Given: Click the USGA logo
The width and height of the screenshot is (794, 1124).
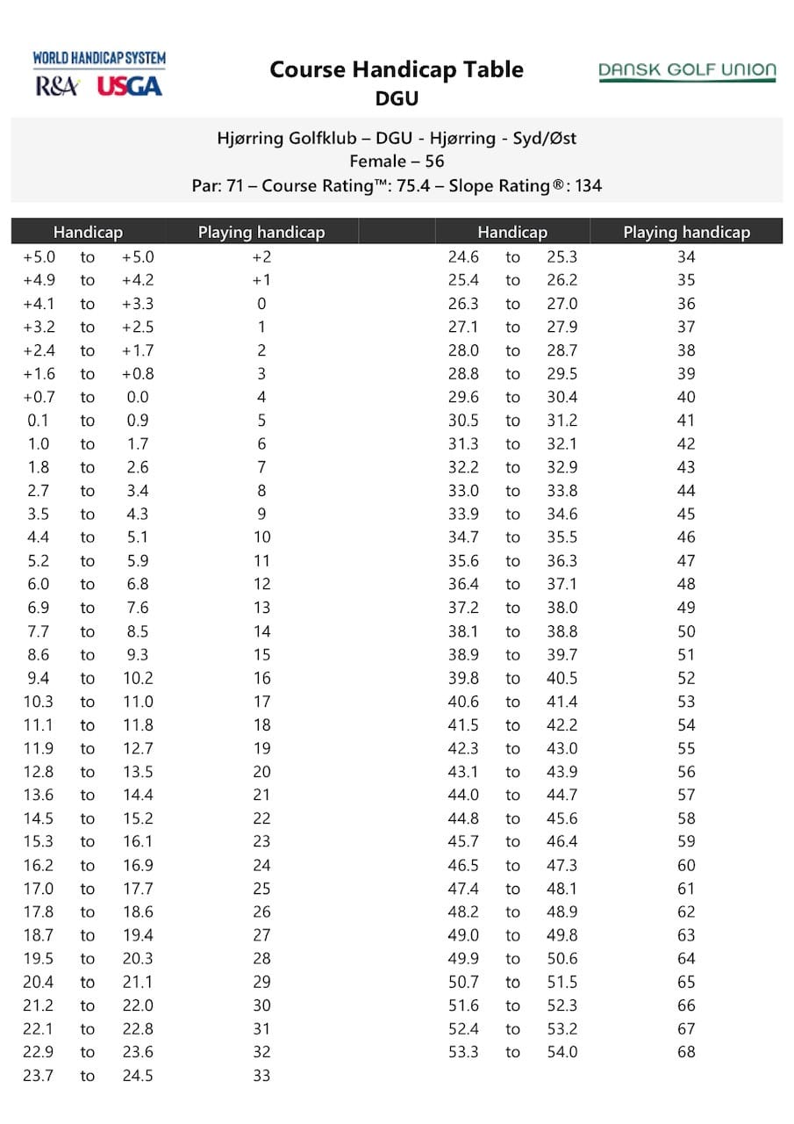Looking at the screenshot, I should click(130, 86).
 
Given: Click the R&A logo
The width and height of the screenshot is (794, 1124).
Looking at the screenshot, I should click(58, 86).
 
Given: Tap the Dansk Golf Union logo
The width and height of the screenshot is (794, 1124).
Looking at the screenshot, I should click(687, 71).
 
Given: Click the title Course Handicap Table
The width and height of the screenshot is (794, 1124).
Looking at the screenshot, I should click(397, 69).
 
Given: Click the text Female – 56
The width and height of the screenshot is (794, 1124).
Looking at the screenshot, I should click(397, 162).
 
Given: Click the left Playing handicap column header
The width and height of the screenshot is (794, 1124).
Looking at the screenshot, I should click(261, 233).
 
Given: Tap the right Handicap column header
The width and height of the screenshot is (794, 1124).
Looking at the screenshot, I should click(512, 233).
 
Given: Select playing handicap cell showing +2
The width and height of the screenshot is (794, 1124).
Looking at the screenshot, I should click(261, 257).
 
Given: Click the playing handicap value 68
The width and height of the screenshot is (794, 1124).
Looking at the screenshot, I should click(686, 1052).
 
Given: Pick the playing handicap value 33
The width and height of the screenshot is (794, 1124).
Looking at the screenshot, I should click(261, 1076).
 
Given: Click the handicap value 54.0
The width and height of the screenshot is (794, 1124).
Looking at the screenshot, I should click(562, 1052).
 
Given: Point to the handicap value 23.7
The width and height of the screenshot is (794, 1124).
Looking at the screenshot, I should click(39, 1076).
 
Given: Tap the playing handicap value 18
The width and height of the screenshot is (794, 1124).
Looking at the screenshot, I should click(261, 725).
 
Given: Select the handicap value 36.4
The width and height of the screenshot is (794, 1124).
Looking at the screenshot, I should click(463, 584).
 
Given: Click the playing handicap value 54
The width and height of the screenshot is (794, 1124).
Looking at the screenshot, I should click(686, 725).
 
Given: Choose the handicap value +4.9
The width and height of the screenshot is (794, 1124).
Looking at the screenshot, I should click(39, 281).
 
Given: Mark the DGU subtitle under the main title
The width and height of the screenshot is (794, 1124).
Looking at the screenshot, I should click(397, 98).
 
